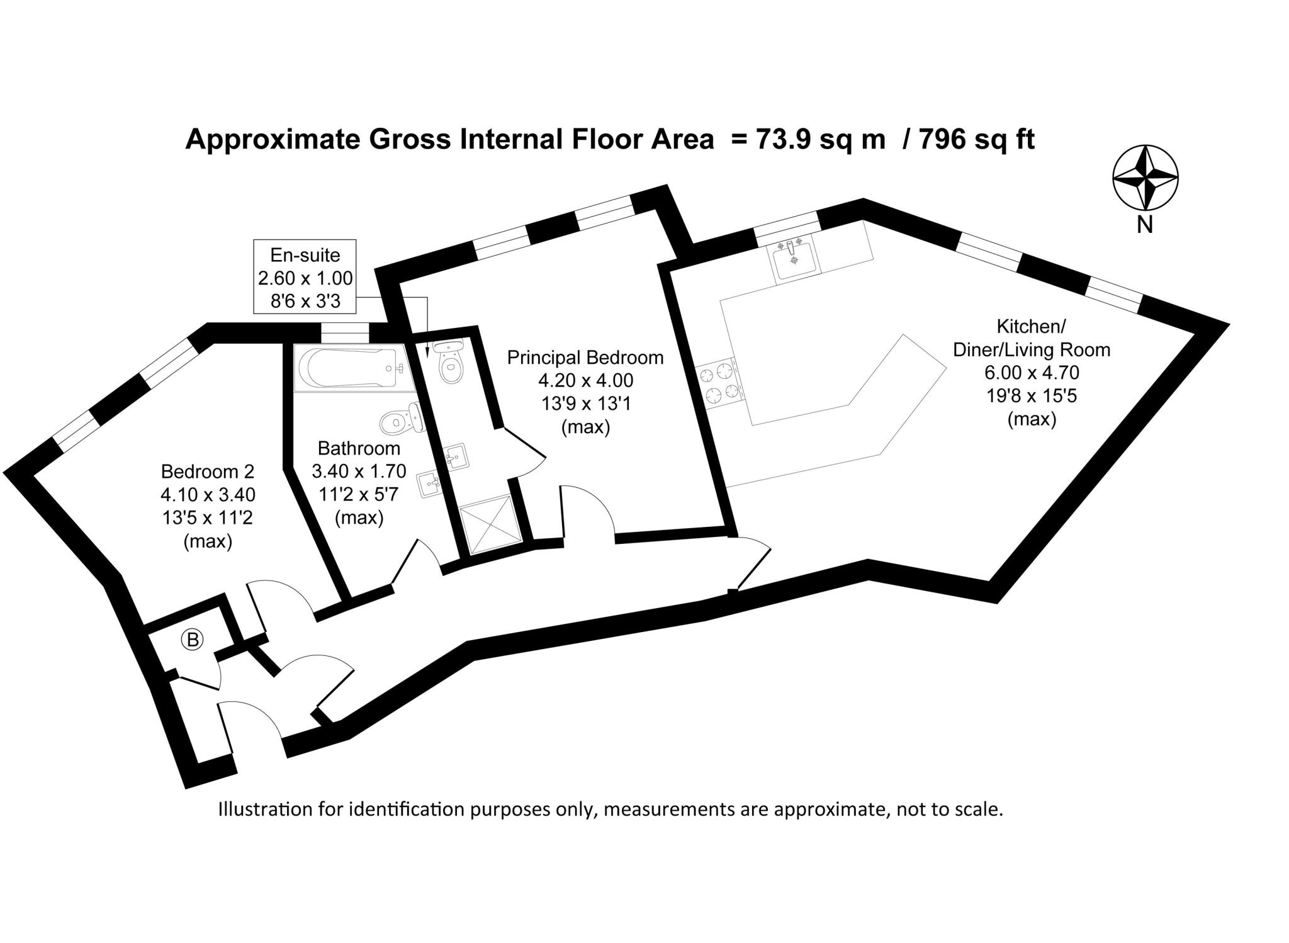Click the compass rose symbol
tap(1145, 178)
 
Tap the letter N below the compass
tap(1145, 225)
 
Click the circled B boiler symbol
tap(193, 640)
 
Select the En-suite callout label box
tap(305, 277)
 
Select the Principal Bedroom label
tap(585, 358)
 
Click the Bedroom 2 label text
tap(208, 471)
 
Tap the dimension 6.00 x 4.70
tap(1032, 373)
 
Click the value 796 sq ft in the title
tap(977, 140)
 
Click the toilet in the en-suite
tap(449, 363)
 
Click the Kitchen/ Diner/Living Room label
tap(1031, 338)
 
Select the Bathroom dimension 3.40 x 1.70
tap(359, 471)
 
